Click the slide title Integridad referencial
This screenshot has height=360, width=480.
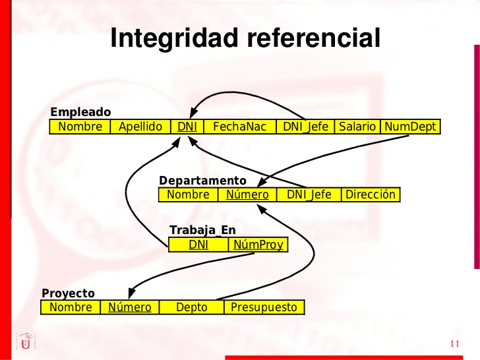click(x=245, y=38)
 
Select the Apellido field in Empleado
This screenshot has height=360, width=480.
click(x=140, y=127)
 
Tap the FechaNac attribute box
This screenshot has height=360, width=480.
click(x=240, y=127)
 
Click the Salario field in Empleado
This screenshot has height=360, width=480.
click(x=357, y=127)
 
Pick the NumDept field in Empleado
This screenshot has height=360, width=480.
click(x=410, y=127)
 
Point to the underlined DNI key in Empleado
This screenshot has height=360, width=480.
click(x=187, y=127)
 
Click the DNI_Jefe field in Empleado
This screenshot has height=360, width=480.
click(x=305, y=127)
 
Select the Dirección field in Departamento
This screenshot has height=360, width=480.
click(x=371, y=195)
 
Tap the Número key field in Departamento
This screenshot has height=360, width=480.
click(x=247, y=195)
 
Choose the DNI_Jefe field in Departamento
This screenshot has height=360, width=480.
click(x=309, y=195)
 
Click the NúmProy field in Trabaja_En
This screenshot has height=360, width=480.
click(x=258, y=245)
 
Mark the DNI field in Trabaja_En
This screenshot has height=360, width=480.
click(x=198, y=245)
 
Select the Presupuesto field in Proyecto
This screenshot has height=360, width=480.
click(x=264, y=307)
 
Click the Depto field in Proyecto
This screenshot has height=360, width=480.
click(x=192, y=307)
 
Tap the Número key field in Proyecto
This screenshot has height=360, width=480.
click(x=130, y=307)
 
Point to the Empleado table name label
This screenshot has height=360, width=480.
click(x=80, y=112)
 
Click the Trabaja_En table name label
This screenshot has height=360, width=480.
click(x=202, y=230)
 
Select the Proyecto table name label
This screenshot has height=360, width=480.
click(x=68, y=293)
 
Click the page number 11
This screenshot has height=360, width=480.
click(x=454, y=344)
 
